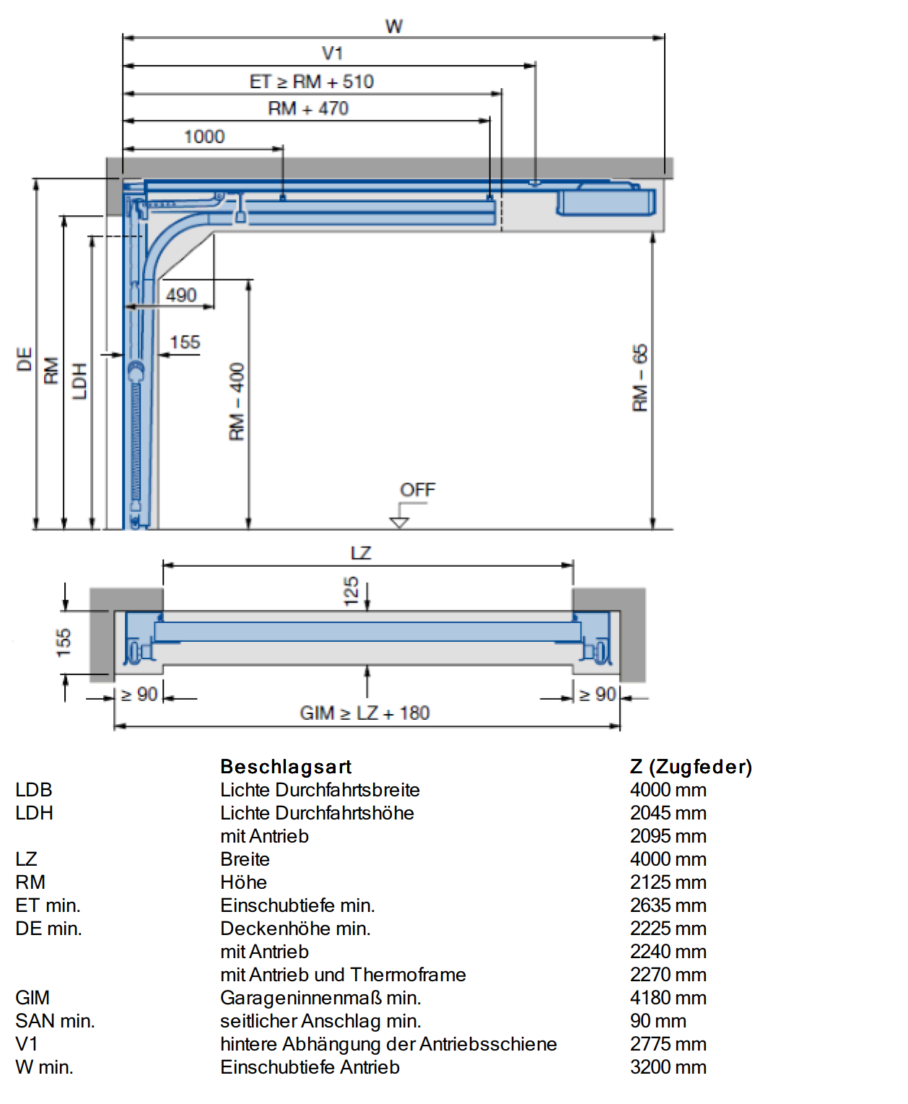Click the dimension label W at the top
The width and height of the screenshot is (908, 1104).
(393, 26)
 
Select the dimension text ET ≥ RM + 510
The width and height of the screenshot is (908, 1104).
(311, 82)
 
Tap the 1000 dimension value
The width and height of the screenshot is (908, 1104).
(204, 136)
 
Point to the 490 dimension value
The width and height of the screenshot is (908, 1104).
(181, 295)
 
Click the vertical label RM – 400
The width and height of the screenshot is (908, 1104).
(237, 401)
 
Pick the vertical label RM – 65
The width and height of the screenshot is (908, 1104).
(639, 378)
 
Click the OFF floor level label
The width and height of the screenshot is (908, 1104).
(417, 490)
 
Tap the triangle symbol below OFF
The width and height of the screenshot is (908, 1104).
(399, 523)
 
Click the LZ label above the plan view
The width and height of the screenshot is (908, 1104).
(361, 553)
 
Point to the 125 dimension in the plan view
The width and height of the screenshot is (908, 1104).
(352, 591)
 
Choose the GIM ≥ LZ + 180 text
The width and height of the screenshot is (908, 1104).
(364, 713)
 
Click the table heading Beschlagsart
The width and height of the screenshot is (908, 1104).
(286, 766)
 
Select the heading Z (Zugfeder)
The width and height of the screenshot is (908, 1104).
(691, 766)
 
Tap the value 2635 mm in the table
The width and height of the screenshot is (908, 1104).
(668, 905)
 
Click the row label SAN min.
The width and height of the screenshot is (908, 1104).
(55, 1021)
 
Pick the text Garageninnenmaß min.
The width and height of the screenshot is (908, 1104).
(320, 998)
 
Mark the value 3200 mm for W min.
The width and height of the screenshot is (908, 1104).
(668, 1067)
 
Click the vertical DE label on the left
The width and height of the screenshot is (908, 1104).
(25, 359)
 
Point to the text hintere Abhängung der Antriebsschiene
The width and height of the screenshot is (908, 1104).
(388, 1044)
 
